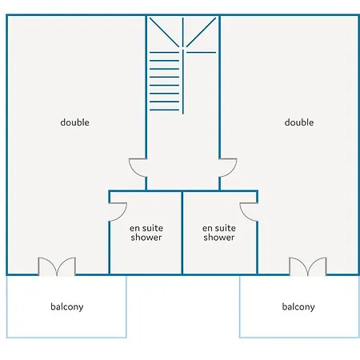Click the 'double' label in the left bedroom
[74, 122]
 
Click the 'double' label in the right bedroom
[299, 122]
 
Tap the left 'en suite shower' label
[146, 233]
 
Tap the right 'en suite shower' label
[219, 233]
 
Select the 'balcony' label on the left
[67, 307]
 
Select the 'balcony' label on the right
[298, 307]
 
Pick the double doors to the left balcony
[57, 266]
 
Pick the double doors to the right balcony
[308, 266]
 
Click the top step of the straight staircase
[164, 52]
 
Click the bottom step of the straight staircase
[164, 110]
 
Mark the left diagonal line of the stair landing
[164, 32]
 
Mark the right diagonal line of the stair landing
[201, 32]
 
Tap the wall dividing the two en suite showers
[182, 233]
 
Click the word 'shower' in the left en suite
[146, 238]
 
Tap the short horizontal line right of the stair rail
[201, 52]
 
